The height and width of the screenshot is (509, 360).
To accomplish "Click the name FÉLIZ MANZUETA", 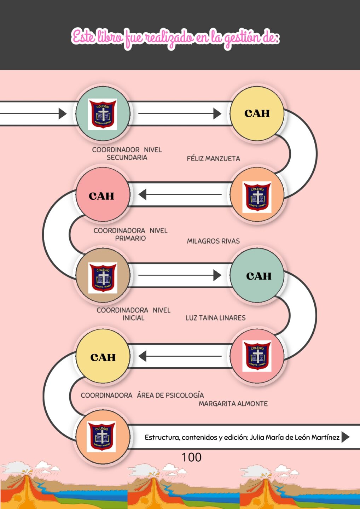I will tap(213, 158).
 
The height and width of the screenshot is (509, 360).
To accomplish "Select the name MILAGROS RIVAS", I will tap(213, 241).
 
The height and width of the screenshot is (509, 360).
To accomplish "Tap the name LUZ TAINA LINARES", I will tap(215, 318).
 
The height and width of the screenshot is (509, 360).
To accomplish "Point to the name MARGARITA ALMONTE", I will tap(233, 404).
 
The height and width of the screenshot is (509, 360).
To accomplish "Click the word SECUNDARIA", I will tap(127, 157).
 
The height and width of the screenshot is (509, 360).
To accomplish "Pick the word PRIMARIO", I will tap(130, 238).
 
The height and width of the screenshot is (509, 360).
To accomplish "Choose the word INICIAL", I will tap(133, 318).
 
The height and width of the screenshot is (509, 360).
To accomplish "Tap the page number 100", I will tap(191, 457).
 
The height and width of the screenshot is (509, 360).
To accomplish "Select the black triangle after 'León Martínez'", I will tap(345, 437).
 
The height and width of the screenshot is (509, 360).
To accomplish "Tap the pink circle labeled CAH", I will tap(102, 195).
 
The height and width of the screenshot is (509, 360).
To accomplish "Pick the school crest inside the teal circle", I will tap(102, 114).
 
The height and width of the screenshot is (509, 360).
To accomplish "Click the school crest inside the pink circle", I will tap(257, 356).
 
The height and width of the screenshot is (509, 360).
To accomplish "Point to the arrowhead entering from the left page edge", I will tap(62, 113).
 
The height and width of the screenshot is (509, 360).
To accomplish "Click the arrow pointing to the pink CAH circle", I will tap(143, 194).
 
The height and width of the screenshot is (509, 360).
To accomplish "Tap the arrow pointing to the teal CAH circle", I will tap(217, 275).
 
